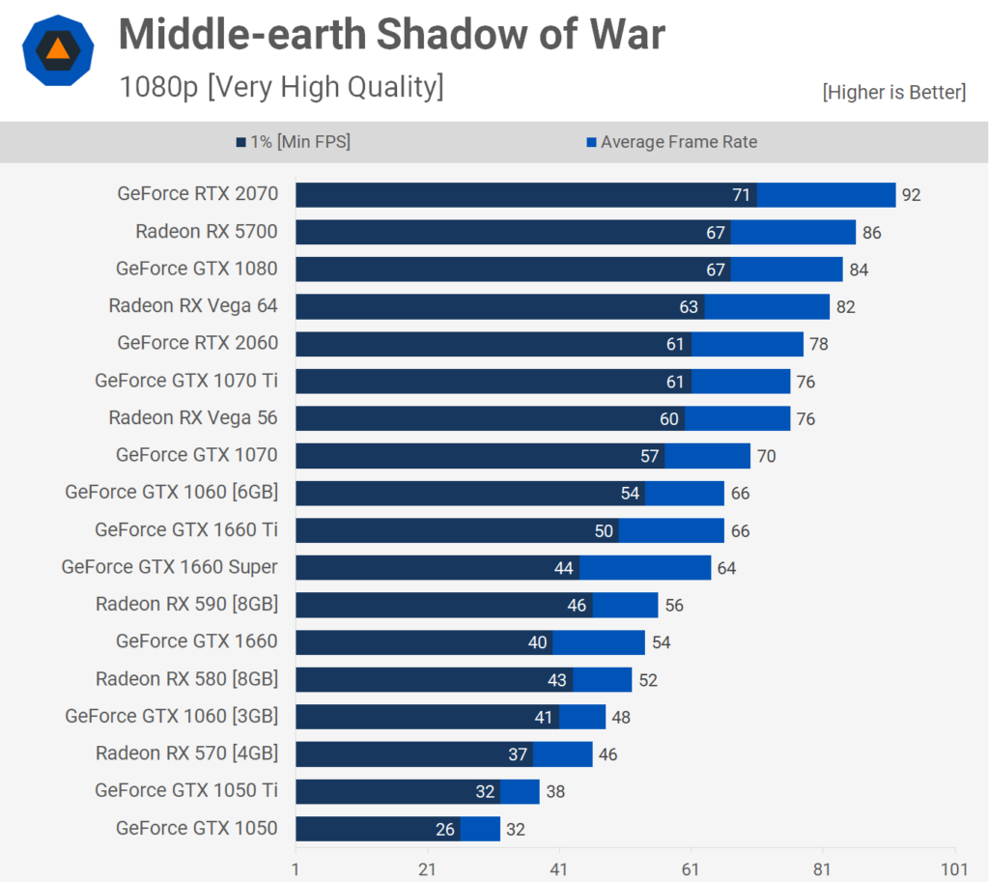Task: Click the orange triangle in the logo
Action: (x=58, y=49)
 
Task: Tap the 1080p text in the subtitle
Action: (x=159, y=87)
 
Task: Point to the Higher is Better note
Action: (x=893, y=92)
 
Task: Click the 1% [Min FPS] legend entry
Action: (x=294, y=142)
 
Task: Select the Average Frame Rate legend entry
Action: (x=672, y=142)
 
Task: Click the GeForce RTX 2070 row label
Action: (x=197, y=193)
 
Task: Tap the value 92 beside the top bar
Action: (x=912, y=195)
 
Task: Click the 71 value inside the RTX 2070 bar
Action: (x=741, y=195)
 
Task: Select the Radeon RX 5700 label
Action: (x=207, y=232)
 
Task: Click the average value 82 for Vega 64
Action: (x=846, y=307)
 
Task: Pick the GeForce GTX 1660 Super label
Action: (x=169, y=566)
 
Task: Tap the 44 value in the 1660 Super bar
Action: (x=563, y=568)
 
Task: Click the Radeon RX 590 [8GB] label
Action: (x=186, y=605)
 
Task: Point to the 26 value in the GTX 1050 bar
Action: (x=444, y=830)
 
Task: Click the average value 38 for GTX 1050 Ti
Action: (x=555, y=792)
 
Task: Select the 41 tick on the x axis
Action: (x=559, y=869)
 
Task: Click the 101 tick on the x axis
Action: (x=954, y=869)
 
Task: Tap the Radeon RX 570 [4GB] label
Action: (x=186, y=754)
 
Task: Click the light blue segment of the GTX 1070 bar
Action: (x=708, y=456)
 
